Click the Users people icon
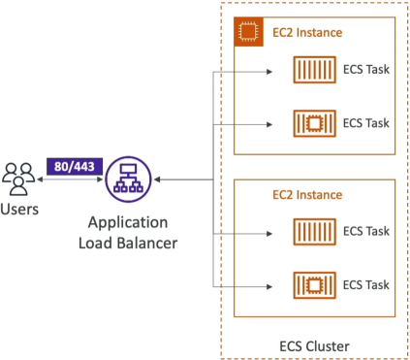pos(18,179)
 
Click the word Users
pos(19,210)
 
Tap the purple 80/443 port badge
pos(75,167)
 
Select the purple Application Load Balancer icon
pos(128,180)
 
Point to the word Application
pos(128,223)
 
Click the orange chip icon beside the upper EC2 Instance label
pos(248,32)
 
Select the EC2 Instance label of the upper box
pos(307,33)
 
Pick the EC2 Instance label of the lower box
pos(307,195)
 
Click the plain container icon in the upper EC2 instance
pos(314,70)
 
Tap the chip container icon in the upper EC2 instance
pos(314,123)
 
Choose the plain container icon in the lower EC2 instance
pos(314,232)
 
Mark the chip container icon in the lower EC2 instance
pos(314,285)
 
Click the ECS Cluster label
pos(314,346)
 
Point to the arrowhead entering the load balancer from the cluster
pos(157,180)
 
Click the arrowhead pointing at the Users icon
pos(40,180)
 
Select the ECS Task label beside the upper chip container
pos(366,123)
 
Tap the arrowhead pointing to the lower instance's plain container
pos(269,234)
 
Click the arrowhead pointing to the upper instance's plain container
pos(269,72)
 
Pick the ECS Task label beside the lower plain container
pos(366,231)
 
